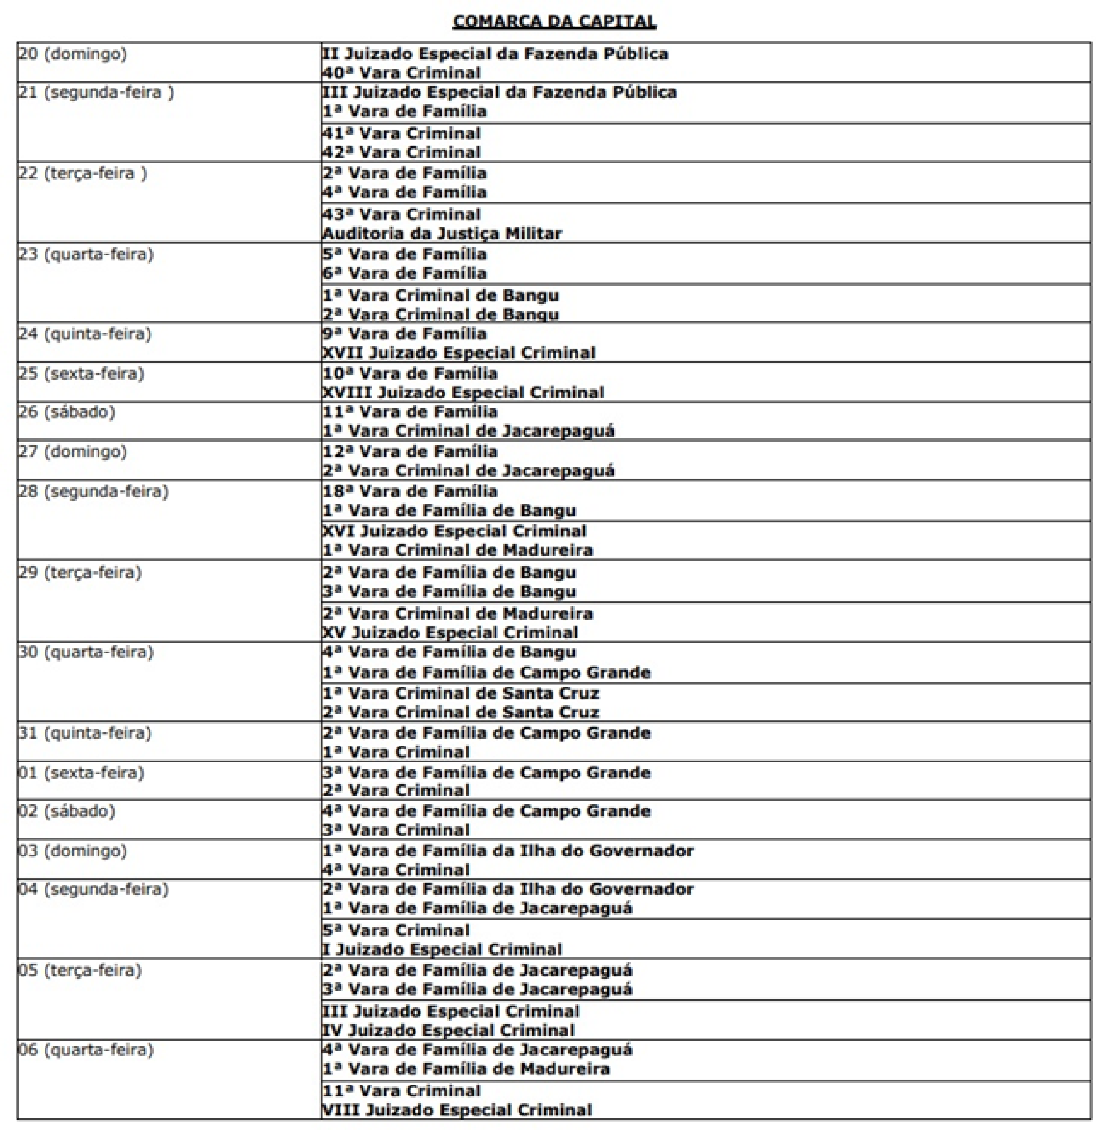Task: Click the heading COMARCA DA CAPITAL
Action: pos(554,22)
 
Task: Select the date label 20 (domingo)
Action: pos(72,54)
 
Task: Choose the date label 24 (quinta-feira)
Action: pos(84,334)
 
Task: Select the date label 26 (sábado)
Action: pos(66,412)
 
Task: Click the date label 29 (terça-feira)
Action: pos(80,572)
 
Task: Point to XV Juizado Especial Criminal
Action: pos(450,632)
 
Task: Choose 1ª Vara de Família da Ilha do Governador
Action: pos(508,850)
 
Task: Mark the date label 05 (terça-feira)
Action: pos(80,970)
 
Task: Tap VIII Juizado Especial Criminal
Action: pos(457,1110)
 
